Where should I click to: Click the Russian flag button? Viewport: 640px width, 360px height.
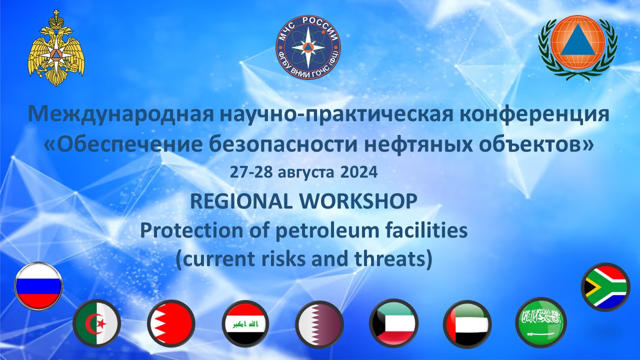(x=38, y=286)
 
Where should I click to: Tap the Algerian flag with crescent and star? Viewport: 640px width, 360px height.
(x=96, y=323)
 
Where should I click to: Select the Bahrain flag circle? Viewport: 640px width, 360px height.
(x=171, y=323)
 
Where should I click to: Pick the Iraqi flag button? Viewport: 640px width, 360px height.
(x=245, y=323)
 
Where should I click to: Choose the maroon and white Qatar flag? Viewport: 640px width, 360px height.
(x=319, y=323)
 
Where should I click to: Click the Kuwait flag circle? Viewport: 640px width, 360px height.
(x=393, y=323)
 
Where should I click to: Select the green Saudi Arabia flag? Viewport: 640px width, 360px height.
(x=541, y=322)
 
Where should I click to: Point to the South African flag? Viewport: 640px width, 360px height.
(x=605, y=287)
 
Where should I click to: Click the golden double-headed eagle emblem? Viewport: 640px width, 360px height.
(x=56, y=48)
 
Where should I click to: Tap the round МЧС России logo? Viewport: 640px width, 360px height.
(x=308, y=47)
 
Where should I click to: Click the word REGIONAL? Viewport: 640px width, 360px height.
(x=241, y=201)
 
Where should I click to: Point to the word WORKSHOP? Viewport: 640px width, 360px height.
(x=358, y=201)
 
